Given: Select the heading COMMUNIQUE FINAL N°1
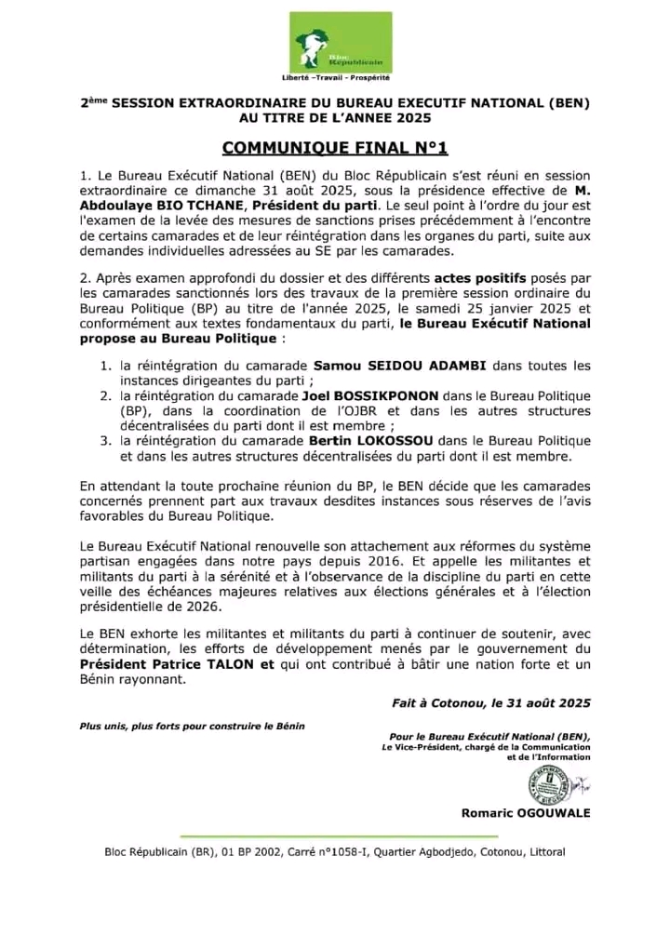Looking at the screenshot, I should click(335, 148).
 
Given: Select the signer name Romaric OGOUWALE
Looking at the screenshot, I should click(526, 812).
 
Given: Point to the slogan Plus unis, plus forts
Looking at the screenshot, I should click(192, 724).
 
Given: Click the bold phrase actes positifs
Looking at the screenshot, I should click(473, 278).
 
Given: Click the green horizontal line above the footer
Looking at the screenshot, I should click(334, 834).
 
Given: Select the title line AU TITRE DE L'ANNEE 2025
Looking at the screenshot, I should click(335, 118).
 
